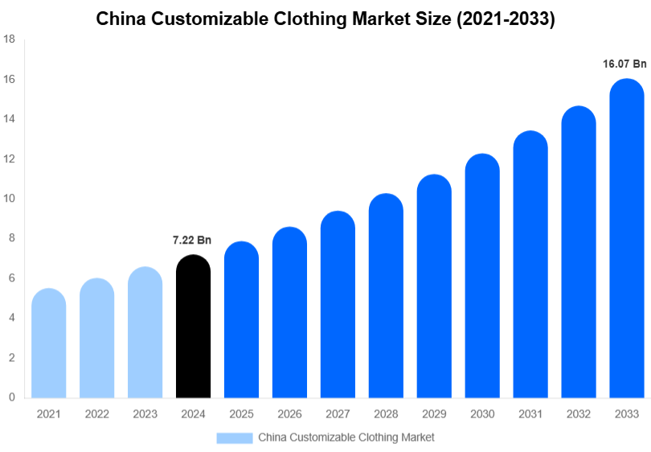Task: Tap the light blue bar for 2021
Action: coord(48,343)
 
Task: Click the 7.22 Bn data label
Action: coord(192,240)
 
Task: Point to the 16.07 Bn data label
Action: coord(624,64)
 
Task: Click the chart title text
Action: coord(325,19)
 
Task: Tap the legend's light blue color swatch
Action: coord(235,438)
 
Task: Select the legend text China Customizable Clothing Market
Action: coord(346,438)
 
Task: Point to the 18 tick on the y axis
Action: coord(10,40)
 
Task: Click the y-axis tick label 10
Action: coord(10,199)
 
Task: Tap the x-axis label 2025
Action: coord(241,413)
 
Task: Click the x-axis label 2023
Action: coord(145,413)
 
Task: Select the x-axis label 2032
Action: coord(579,413)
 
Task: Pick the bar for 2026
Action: coord(289,313)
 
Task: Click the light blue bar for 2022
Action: coord(96,339)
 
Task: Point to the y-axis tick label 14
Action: coord(10,119)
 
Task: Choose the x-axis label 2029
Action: coord(434,413)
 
